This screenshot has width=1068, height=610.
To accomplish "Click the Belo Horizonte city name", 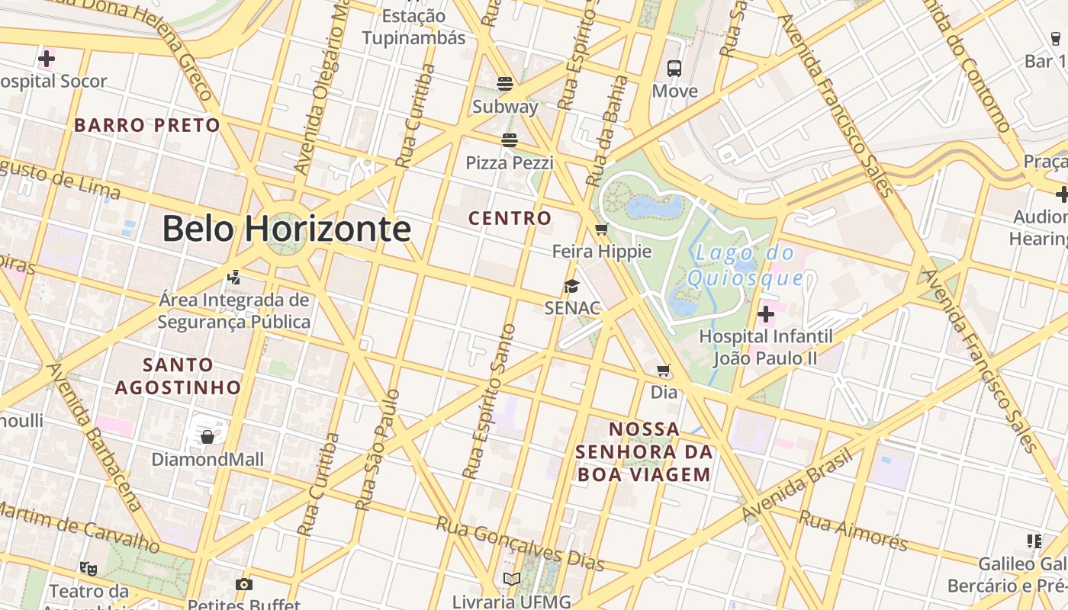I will pos(286,229).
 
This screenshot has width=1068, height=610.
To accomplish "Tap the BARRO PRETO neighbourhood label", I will pos(147,125).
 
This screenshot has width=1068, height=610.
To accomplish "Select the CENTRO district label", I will pos(510,218).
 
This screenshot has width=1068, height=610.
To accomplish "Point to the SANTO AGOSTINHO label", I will pos(178,376).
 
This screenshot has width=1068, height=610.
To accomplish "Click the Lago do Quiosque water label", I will pos(745,265).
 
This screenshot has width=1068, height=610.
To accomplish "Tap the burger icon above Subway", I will pos(505,83).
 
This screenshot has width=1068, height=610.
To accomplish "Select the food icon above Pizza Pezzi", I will pos(510,140).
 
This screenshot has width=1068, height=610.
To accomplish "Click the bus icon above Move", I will pos(674,69).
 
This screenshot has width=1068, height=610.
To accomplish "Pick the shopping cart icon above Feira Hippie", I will pos(601,229).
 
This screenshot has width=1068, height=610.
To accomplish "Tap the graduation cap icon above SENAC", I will pos(571,286).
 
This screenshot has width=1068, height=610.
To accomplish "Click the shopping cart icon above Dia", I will pos(664,371).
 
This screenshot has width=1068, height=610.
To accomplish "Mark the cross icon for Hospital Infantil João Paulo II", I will pos(766,314).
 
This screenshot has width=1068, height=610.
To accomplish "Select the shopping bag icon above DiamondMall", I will pos(207,437).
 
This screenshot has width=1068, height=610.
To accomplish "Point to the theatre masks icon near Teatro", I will pos(88,568).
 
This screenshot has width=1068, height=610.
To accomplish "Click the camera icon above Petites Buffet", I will pos(244,585).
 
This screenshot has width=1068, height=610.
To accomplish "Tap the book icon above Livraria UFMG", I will pos(511,579).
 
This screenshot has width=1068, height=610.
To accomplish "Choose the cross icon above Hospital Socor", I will pos(47,58).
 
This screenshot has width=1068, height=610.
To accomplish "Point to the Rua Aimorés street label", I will pos(853,530).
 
